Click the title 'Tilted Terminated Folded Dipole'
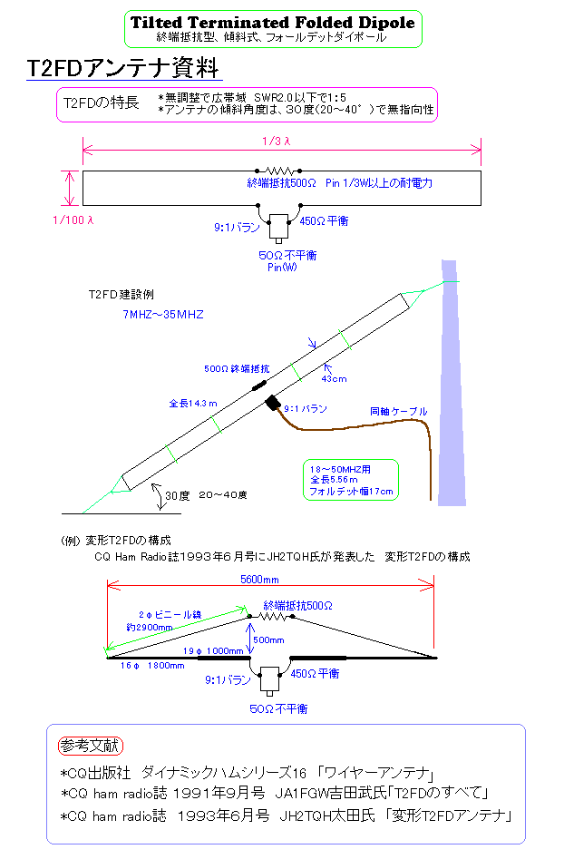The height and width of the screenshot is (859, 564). coord(273,23)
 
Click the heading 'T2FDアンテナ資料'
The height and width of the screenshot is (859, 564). coord(123,68)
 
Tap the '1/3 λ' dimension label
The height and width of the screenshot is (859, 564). coord(277,142)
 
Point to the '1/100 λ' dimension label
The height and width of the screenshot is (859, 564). coord(73,220)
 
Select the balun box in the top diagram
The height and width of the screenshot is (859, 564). coord(278,226)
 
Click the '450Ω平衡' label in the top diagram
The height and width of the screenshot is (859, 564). coord(324,220)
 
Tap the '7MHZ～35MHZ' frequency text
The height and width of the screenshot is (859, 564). coord(163,315)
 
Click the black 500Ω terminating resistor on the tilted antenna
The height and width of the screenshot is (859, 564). coord(259,386)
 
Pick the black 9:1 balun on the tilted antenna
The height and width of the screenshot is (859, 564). coord(273,403)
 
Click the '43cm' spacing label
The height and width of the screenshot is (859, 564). coord(334,378)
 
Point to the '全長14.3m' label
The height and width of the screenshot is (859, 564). coord(193,404)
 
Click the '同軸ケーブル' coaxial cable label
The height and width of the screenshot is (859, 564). coord(399,411)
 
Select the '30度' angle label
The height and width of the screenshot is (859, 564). coord(178,495)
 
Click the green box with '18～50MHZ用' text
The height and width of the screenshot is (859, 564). coord(351,480)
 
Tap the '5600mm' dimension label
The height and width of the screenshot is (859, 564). coord(259,580)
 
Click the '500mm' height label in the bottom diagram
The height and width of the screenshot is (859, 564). coord(268,639)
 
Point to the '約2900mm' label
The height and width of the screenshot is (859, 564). coord(150,628)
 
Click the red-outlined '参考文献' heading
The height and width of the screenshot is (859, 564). coord(91,746)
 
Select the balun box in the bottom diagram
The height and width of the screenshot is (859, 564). coord(269,678)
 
